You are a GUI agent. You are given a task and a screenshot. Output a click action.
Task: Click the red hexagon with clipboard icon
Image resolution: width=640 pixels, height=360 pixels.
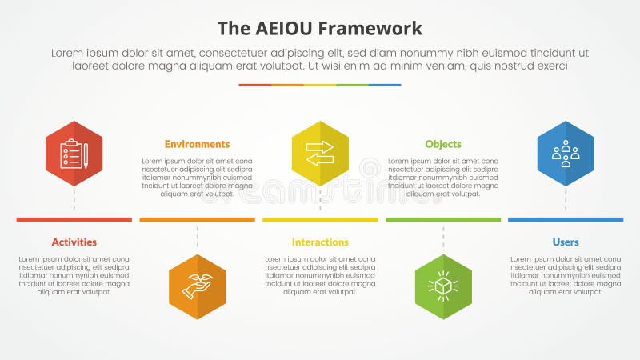(74, 154)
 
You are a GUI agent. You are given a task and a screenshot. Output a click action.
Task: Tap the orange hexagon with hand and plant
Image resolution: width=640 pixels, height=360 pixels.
(197, 286)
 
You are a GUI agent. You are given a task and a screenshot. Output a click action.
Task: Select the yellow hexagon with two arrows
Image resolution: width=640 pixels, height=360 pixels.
(320, 154)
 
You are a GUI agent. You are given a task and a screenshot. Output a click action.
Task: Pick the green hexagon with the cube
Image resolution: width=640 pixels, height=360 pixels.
(443, 286)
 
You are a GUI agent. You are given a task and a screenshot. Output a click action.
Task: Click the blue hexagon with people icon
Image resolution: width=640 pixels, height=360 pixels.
(566, 154)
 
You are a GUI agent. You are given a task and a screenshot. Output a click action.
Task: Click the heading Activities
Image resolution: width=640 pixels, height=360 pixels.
(74, 242)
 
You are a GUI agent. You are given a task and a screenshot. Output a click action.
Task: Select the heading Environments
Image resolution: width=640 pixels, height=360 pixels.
(197, 144)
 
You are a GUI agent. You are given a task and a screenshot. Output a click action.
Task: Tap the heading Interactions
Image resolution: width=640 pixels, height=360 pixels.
(320, 242)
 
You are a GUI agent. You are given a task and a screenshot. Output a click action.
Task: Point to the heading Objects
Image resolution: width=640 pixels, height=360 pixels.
(443, 144)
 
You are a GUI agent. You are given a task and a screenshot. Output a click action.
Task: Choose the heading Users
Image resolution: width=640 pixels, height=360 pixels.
(566, 242)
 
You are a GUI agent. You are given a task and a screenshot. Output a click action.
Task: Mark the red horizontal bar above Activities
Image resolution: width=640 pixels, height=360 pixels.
(74, 219)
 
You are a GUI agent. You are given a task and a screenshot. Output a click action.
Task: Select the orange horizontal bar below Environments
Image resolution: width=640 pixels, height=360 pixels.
(197, 219)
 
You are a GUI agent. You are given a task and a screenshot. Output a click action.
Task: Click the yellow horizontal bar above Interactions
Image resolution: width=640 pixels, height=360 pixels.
(320, 219)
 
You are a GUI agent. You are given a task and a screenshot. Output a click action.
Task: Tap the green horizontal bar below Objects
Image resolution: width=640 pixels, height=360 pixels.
(443, 219)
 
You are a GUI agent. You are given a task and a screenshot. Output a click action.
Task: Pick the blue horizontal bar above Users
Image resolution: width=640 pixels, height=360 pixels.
(566, 219)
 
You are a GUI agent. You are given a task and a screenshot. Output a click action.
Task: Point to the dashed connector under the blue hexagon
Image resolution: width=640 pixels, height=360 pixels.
(566, 200)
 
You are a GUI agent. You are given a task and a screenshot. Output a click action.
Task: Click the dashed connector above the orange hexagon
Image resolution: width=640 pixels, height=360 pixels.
(197, 238)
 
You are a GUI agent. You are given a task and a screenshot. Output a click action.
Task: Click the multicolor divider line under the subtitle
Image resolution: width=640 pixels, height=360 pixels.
(320, 85)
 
